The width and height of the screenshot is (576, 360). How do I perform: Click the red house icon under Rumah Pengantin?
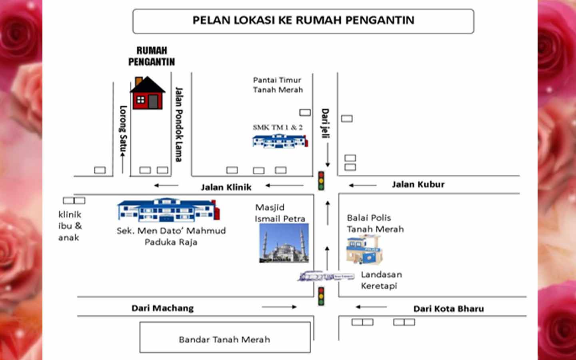click(x=147, y=94)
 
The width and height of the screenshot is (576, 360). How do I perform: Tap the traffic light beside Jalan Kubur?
click(x=321, y=180)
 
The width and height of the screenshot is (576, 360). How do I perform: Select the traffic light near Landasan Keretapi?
click(x=321, y=296)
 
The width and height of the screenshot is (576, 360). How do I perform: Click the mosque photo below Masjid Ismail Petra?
click(x=284, y=243)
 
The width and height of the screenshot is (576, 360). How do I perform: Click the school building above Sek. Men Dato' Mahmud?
click(x=168, y=209)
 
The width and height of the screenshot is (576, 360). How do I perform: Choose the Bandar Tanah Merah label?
click(x=224, y=340)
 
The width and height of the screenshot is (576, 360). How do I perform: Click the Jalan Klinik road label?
click(x=226, y=187)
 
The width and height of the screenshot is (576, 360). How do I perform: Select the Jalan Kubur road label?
click(x=418, y=184)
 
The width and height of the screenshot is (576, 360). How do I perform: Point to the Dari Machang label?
click(x=162, y=308)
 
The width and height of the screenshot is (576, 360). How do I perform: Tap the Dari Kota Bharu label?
click(x=448, y=309)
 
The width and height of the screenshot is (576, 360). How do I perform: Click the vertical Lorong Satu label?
click(x=123, y=128)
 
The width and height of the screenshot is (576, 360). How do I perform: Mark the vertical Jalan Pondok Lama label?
click(x=178, y=124)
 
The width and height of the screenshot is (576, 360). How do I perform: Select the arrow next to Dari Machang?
click(x=279, y=307)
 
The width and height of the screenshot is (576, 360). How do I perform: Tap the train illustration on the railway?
click(x=325, y=276)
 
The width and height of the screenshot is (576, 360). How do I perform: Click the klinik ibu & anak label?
click(x=70, y=226)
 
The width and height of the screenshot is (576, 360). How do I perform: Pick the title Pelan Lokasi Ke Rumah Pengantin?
click(x=303, y=20)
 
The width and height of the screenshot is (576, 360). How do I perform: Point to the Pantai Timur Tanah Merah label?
click(x=278, y=85)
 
